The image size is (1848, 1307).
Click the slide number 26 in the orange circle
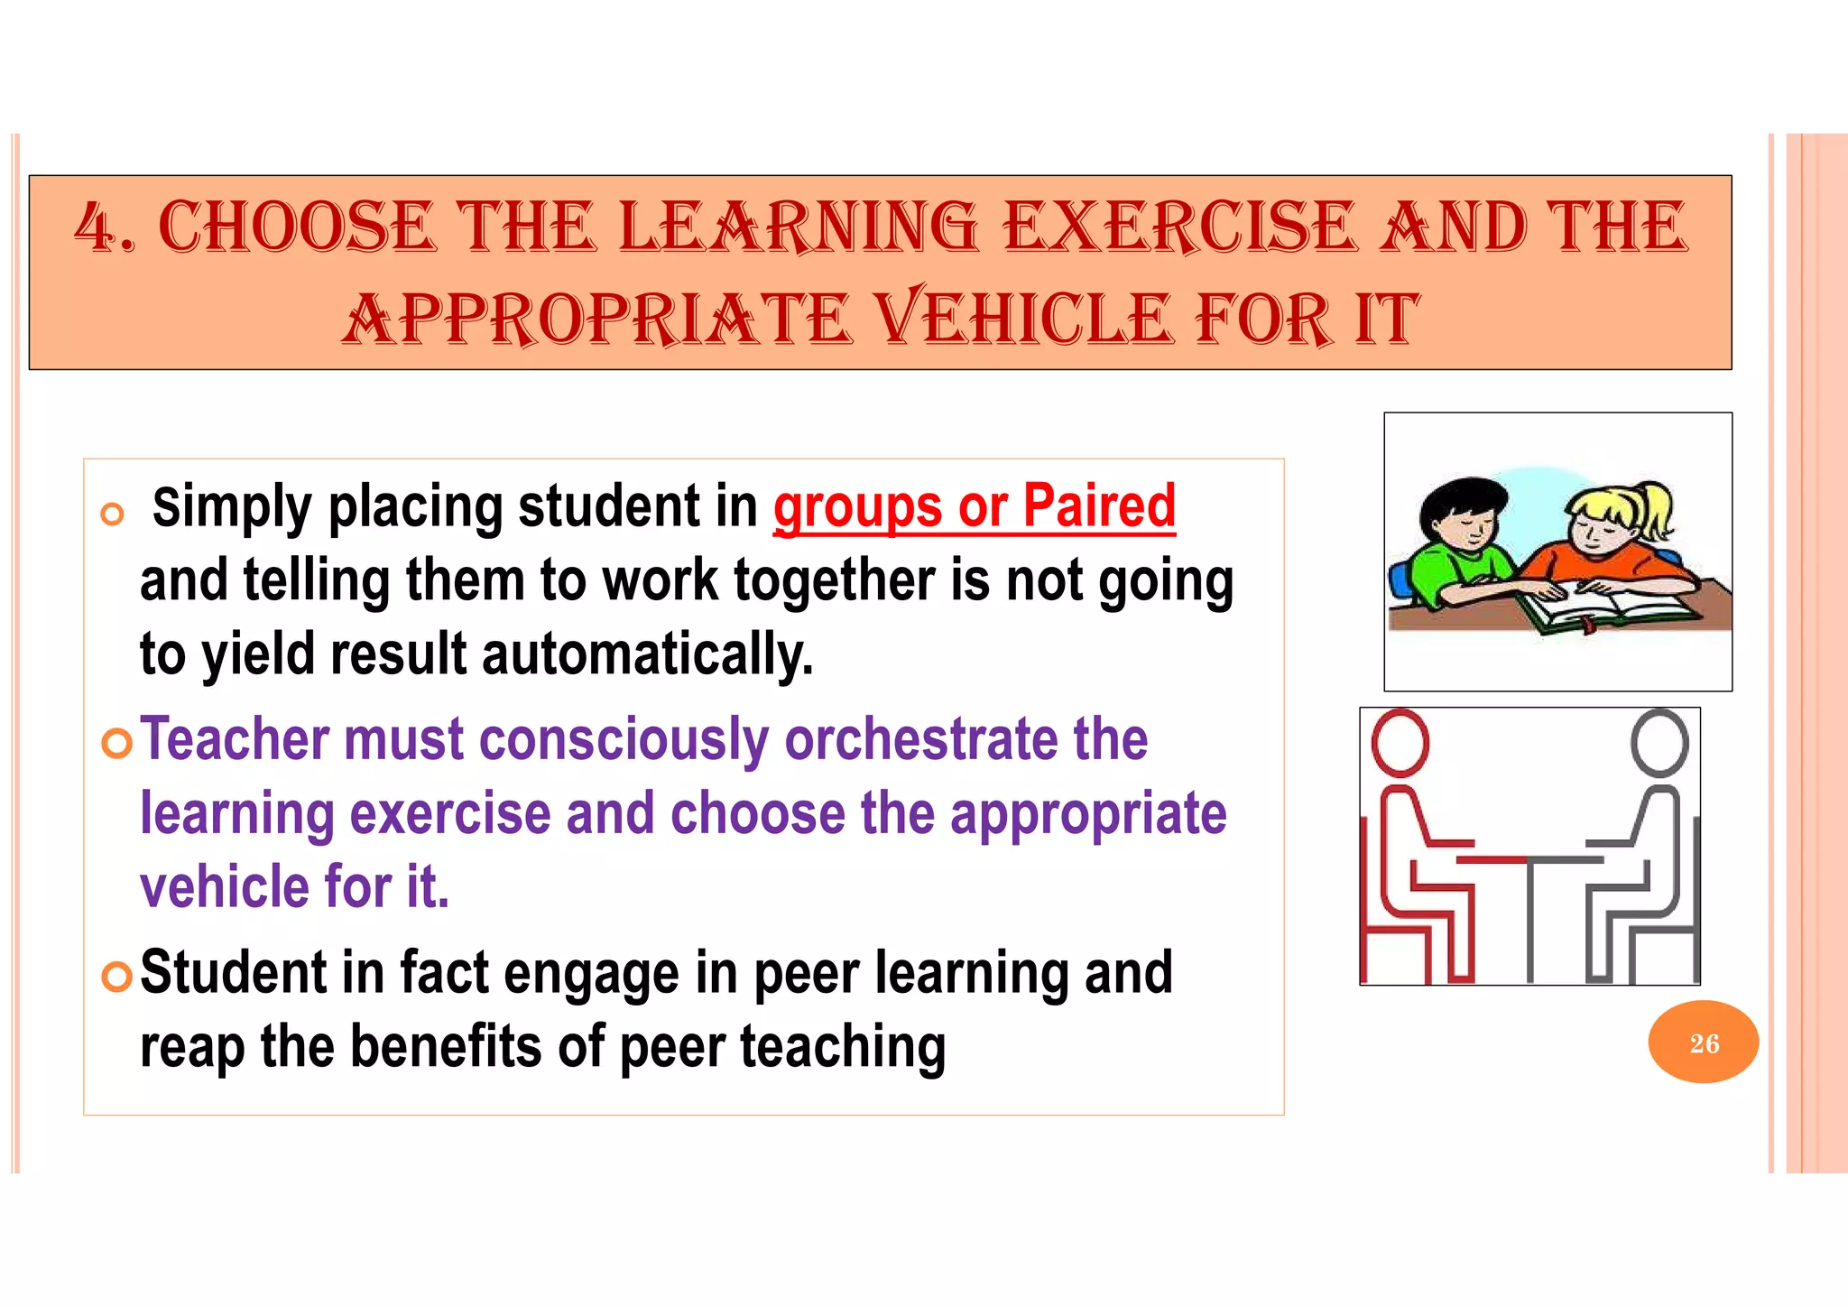(1704, 1043)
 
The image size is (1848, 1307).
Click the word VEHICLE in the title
(1027, 319)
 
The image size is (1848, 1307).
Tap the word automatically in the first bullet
(647, 654)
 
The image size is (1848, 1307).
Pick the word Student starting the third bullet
(234, 973)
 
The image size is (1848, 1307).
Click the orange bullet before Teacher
(117, 743)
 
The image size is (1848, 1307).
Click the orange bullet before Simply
(112, 514)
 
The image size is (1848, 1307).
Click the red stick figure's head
(1400, 743)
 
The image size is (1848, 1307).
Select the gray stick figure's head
(1659, 743)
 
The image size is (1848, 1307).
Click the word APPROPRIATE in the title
(596, 319)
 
